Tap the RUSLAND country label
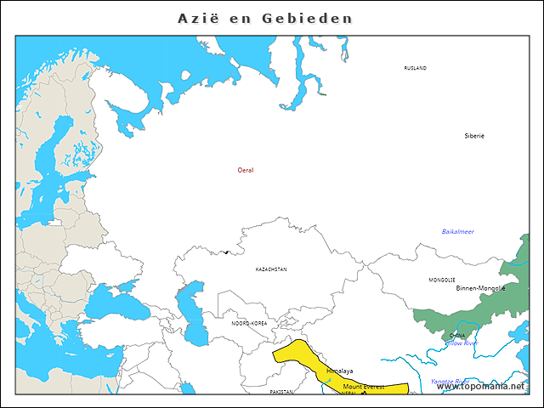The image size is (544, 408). pos(415,68)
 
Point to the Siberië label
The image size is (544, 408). pos(474,136)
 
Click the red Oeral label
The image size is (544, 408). pos(246,170)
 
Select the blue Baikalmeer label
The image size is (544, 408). pos(457,232)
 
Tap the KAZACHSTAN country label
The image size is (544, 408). pos(271,269)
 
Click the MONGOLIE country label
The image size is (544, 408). pos(441,280)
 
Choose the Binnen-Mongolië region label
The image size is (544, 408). pos(480,288)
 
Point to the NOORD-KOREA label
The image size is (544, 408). pos(249,324)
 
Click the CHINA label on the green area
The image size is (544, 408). pos(457,336)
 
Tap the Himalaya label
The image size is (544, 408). pos(339,371)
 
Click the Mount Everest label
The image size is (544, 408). pos(363,387)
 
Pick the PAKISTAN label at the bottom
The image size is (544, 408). pos(281,392)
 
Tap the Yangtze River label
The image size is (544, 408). pos(450,381)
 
